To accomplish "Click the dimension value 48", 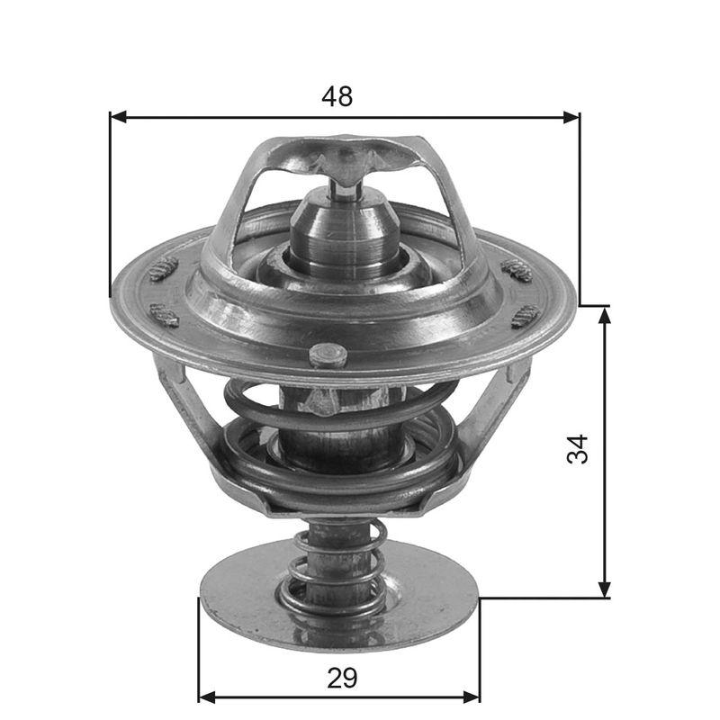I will pos(337,97).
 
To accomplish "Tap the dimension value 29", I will pos(342,677).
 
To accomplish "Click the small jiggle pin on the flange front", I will pos(328,355).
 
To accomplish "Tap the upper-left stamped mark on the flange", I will pos(164,267).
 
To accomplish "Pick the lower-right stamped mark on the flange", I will pos(525,315).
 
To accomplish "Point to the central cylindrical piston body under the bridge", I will pos(342,238).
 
